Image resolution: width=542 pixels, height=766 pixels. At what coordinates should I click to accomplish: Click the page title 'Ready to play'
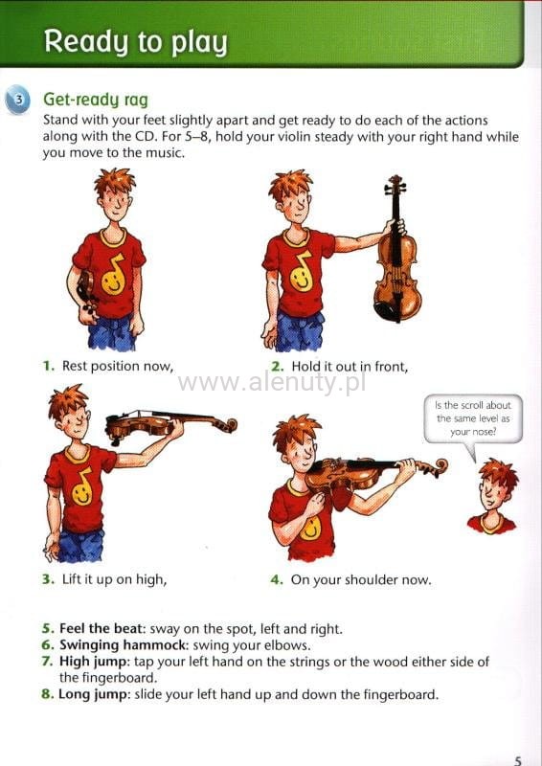(x=136, y=42)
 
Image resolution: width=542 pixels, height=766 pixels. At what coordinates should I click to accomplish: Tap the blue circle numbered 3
(x=17, y=101)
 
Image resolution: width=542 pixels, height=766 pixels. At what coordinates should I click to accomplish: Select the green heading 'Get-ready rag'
(x=96, y=101)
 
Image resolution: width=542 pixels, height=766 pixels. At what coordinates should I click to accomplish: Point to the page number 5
(x=519, y=759)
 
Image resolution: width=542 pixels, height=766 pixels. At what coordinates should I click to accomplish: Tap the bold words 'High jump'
(x=95, y=662)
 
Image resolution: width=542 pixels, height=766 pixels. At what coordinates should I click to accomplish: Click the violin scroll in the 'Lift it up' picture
(x=227, y=424)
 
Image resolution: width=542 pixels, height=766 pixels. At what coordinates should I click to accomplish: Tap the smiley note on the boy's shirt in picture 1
(x=113, y=275)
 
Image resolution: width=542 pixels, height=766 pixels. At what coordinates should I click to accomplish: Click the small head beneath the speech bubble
(x=493, y=497)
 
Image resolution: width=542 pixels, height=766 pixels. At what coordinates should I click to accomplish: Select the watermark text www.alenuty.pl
(x=272, y=383)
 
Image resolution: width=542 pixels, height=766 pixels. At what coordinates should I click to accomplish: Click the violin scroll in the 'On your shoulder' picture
(x=439, y=467)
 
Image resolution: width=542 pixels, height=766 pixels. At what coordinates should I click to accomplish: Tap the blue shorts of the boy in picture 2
(x=300, y=330)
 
